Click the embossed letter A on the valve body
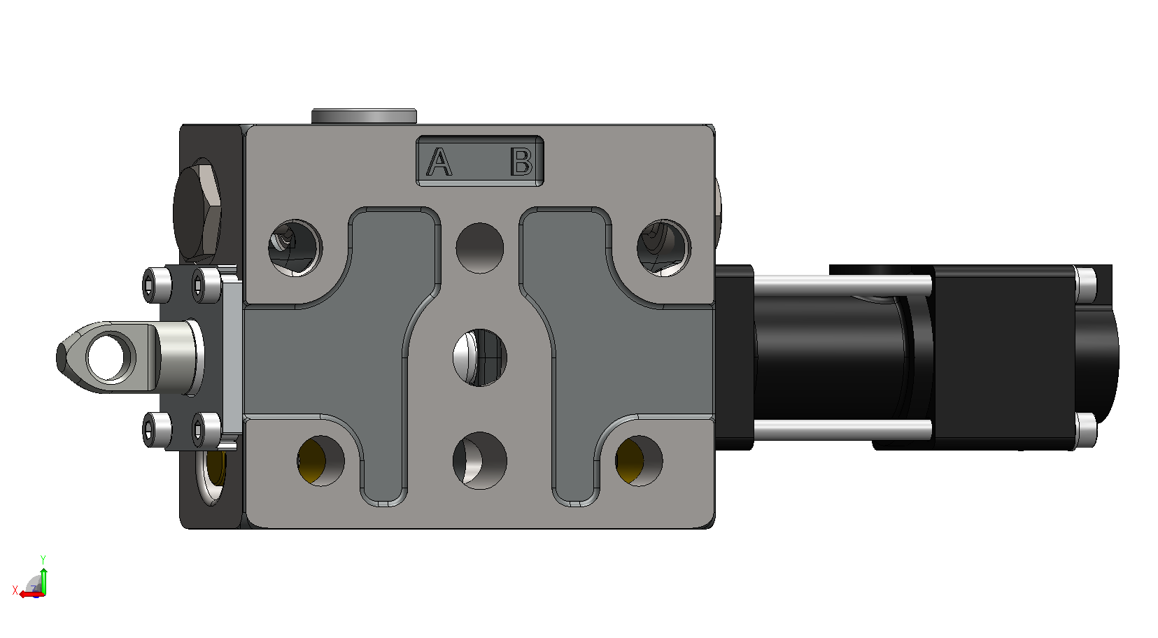(x=439, y=162)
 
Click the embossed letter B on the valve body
(x=521, y=162)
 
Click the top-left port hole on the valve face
(x=295, y=248)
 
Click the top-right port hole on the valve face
(x=664, y=248)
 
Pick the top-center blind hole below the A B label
(x=480, y=248)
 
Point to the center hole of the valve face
(x=480, y=357)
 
